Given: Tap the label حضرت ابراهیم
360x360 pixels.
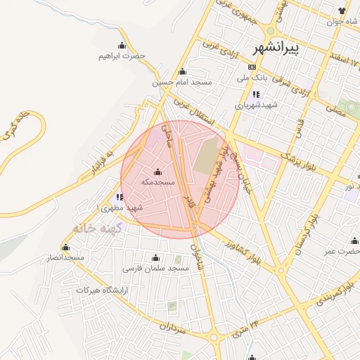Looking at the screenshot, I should pos(122,56).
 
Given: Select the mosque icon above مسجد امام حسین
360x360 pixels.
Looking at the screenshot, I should pos(183,71).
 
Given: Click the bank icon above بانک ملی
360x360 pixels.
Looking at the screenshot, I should pos(252,67).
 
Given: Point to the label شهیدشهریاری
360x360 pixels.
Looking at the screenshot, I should pos(257,105).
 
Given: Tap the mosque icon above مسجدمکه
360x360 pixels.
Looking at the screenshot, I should pos(157,172).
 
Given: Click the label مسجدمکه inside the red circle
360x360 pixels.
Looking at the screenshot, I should pos(157,182).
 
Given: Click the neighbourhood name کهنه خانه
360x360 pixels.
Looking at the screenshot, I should pos(98,229).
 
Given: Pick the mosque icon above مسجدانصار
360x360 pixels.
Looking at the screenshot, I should pos(66,247).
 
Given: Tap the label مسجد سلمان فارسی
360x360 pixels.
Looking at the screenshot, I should pos(156,268).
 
